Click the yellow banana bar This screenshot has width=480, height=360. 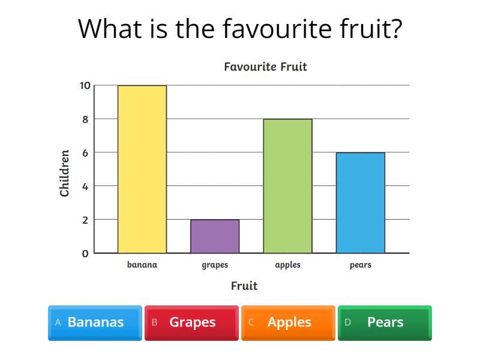tap(142, 169)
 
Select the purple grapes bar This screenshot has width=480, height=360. tap(215, 236)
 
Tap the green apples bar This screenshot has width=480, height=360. tap(287, 186)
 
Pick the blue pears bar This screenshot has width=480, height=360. tap(360, 203)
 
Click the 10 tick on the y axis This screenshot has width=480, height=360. tap(85, 86)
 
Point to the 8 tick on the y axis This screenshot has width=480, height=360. tap(85, 119)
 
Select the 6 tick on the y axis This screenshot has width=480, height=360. tap(85, 153)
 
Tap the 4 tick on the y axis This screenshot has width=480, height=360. tap(85, 187)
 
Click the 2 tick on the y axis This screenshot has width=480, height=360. tap(85, 220)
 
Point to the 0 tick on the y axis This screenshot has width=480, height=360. tap(85, 254)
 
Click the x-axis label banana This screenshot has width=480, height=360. tap(142, 265)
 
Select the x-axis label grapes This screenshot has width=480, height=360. tap(215, 265)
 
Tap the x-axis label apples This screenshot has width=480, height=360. tap(287, 265)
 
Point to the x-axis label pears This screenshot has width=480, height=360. tap(360, 265)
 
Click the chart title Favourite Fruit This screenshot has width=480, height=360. tap(265, 67)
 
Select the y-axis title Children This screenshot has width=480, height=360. tap(65, 173)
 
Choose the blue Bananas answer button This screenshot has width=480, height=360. tap(95, 322)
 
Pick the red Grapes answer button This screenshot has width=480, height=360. tap(191, 322)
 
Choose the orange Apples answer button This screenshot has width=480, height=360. tap(288, 322)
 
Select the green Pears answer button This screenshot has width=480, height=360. tap(385, 322)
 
